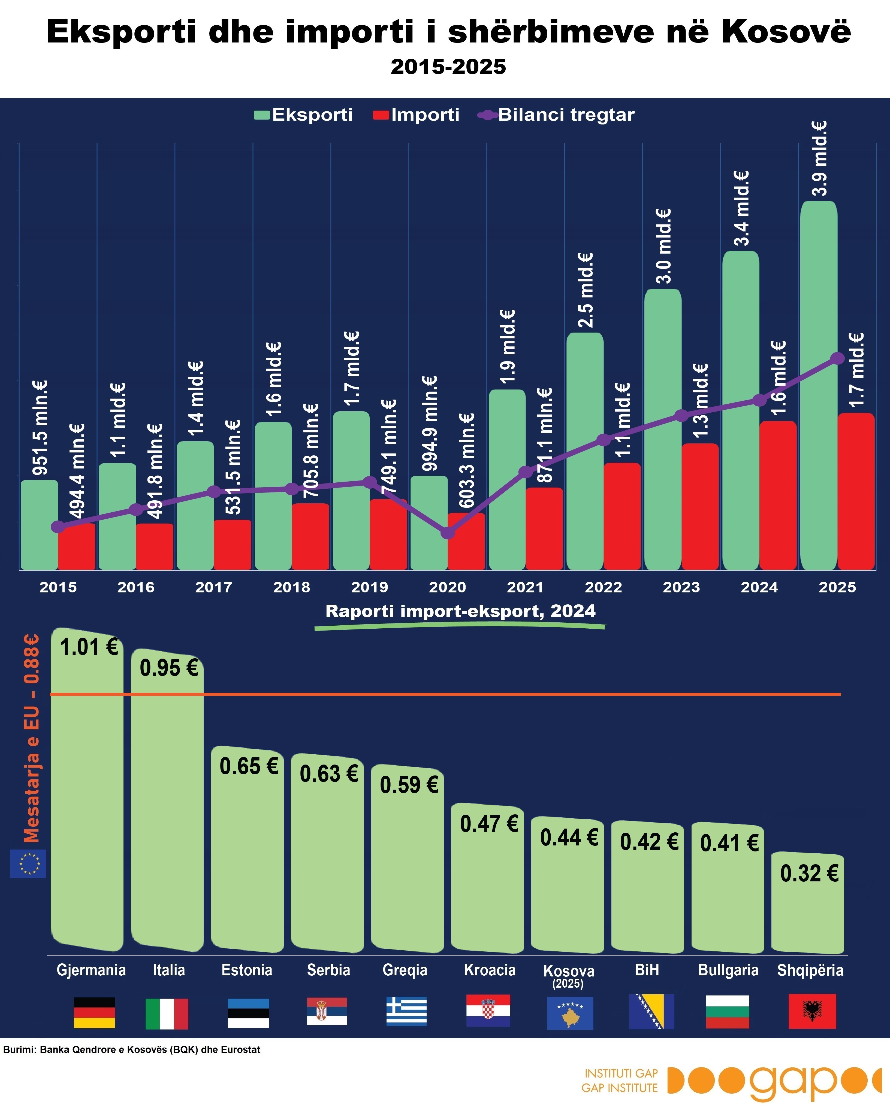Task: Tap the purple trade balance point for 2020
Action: (448, 532)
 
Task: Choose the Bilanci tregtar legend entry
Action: (556, 115)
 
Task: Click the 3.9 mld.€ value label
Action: (820, 159)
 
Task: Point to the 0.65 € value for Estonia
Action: (249, 766)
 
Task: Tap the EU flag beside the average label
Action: (28, 863)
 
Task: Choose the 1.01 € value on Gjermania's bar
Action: (89, 647)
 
